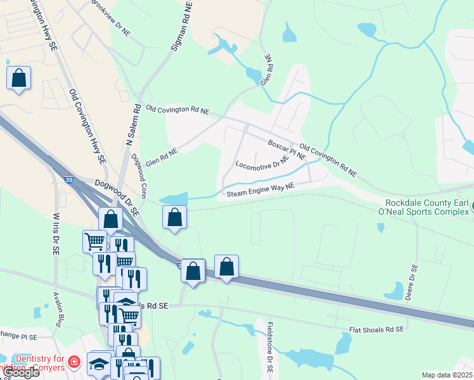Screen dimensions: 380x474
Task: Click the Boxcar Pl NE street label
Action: (x=287, y=149)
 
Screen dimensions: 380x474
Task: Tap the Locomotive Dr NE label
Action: (x=262, y=165)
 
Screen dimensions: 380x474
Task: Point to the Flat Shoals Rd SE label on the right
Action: (x=376, y=330)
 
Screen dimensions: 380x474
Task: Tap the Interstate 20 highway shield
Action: (x=68, y=180)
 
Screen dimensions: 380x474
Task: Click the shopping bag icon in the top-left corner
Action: (x=19, y=79)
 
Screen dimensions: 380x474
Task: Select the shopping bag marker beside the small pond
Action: (x=174, y=217)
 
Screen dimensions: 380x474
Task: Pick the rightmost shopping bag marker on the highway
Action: (x=226, y=267)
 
